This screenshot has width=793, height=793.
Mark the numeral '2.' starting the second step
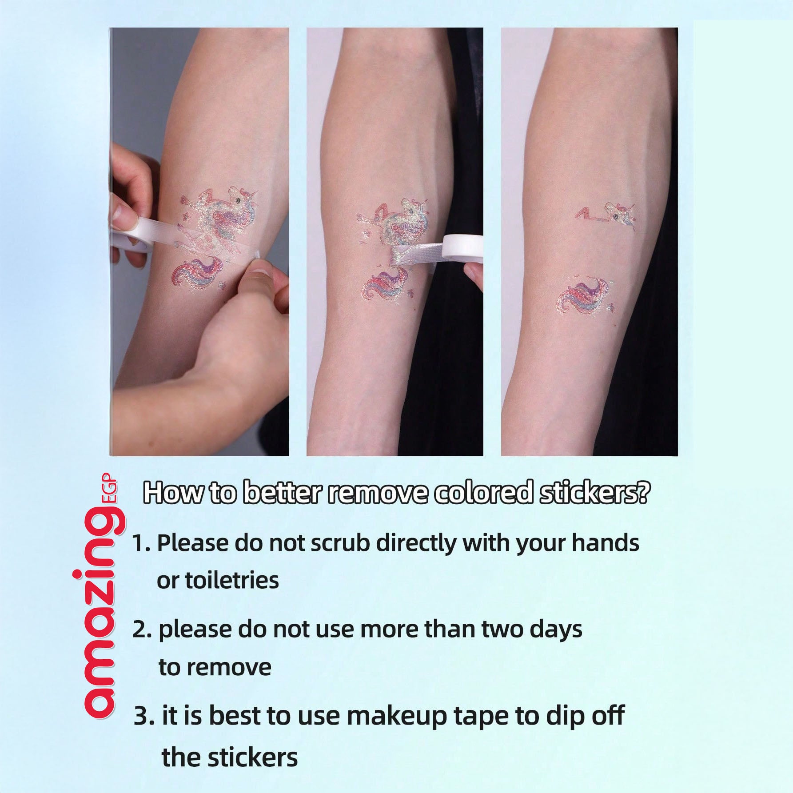(143, 630)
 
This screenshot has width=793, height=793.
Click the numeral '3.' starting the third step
(144, 717)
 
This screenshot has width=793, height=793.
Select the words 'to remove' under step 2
(215, 667)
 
